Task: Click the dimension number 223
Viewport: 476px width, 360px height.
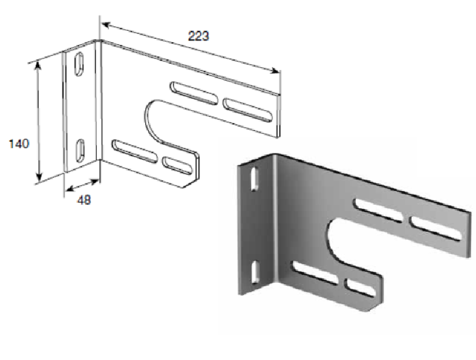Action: pyautogui.click(x=199, y=36)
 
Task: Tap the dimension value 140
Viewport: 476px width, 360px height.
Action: pyautogui.click(x=19, y=143)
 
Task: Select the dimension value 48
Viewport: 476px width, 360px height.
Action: pyautogui.click(x=84, y=200)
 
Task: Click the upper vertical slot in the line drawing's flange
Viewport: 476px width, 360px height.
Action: pyautogui.click(x=79, y=64)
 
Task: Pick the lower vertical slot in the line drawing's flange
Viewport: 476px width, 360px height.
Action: pyautogui.click(x=80, y=151)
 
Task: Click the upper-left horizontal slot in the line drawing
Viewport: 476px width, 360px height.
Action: pyautogui.click(x=194, y=93)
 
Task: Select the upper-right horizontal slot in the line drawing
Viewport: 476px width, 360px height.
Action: pyautogui.click(x=248, y=110)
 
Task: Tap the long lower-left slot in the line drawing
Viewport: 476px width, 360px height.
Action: pyautogui.click(x=134, y=151)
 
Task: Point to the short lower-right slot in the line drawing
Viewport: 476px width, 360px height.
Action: pyautogui.click(x=177, y=166)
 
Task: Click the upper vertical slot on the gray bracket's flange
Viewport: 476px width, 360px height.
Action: pyautogui.click(x=255, y=179)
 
